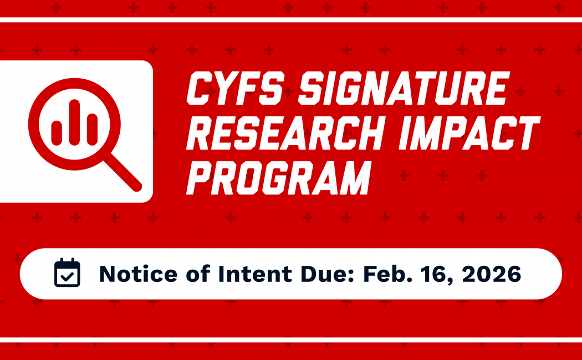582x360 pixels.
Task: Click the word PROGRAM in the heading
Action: [278, 178]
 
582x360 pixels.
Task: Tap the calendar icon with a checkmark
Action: [67, 273]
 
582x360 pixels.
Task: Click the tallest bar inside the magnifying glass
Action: [74, 122]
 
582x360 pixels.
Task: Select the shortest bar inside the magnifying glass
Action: [57, 133]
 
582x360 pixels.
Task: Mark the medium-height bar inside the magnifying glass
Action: [92, 130]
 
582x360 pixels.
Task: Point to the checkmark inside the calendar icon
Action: [67, 277]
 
